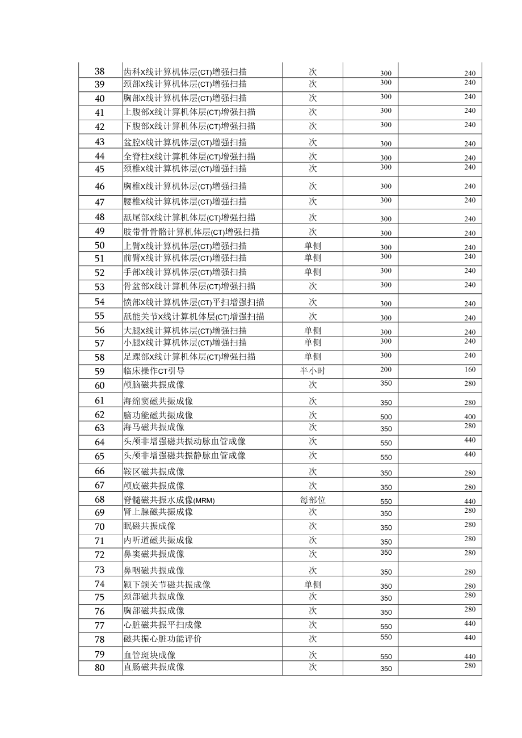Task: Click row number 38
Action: pyautogui.click(x=100, y=71)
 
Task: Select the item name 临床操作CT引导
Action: pyautogui.click(x=154, y=372)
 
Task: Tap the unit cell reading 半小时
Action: pyautogui.click(x=313, y=372)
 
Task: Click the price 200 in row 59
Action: pyautogui.click(x=386, y=369)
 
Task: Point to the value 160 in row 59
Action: pyautogui.click(x=469, y=369)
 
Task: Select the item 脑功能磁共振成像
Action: pyautogui.click(x=158, y=415)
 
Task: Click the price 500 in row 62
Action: pyautogui.click(x=386, y=417)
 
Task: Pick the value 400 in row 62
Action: pyautogui.click(x=469, y=417)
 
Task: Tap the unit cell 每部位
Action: pyautogui.click(x=313, y=500)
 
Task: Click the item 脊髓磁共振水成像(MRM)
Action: pyautogui.click(x=169, y=500)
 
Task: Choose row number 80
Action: pyautogui.click(x=100, y=668)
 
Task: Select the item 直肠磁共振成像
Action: pyautogui.click(x=154, y=667)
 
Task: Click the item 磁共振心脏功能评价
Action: pyautogui.click(x=162, y=639)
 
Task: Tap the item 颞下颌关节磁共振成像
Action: pyautogui.click(x=167, y=584)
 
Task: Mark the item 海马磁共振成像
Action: pyautogui.click(x=154, y=427)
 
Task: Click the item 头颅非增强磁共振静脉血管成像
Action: pyautogui.click(x=184, y=456)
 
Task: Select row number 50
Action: pyautogui.click(x=100, y=246)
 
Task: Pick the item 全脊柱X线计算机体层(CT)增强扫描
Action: pyautogui.click(x=190, y=156)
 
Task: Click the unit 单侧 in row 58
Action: pyautogui.click(x=313, y=357)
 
